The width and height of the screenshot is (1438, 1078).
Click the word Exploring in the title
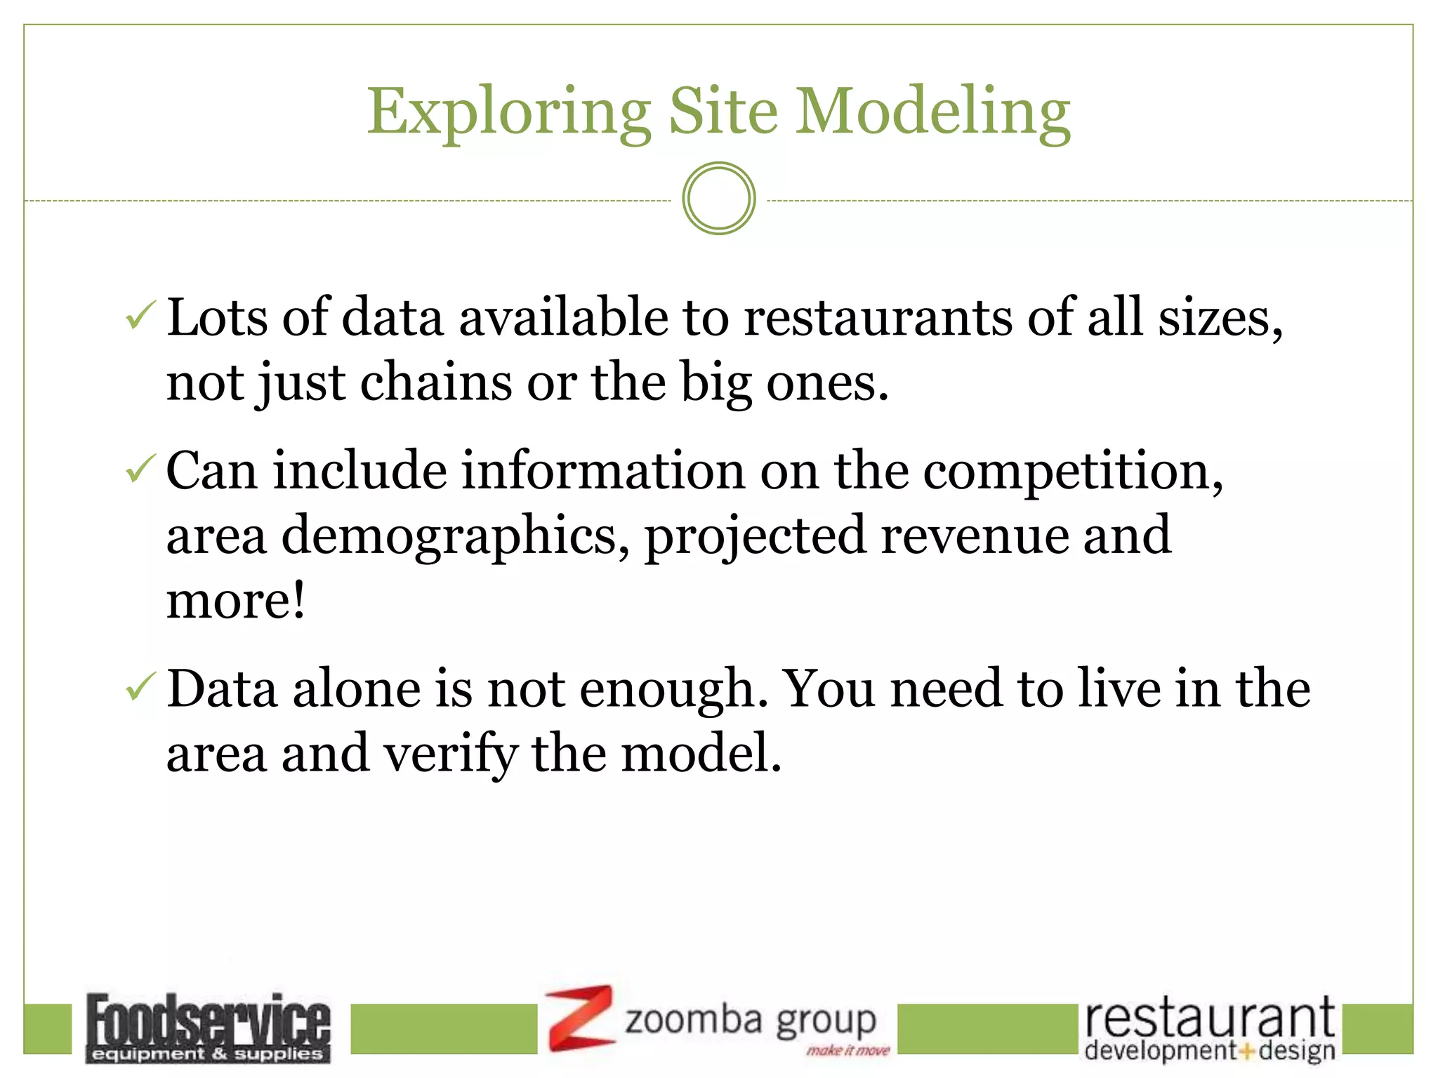tap(509, 112)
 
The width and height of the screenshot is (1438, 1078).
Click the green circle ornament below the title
tap(718, 199)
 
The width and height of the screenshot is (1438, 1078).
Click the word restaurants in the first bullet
tap(878, 317)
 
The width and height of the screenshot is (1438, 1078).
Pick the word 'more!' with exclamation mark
tap(236, 600)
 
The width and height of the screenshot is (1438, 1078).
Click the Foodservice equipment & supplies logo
tap(208, 1027)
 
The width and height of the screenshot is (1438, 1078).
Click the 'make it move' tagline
tap(847, 1051)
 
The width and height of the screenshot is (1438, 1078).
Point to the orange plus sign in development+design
tap(1247, 1051)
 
